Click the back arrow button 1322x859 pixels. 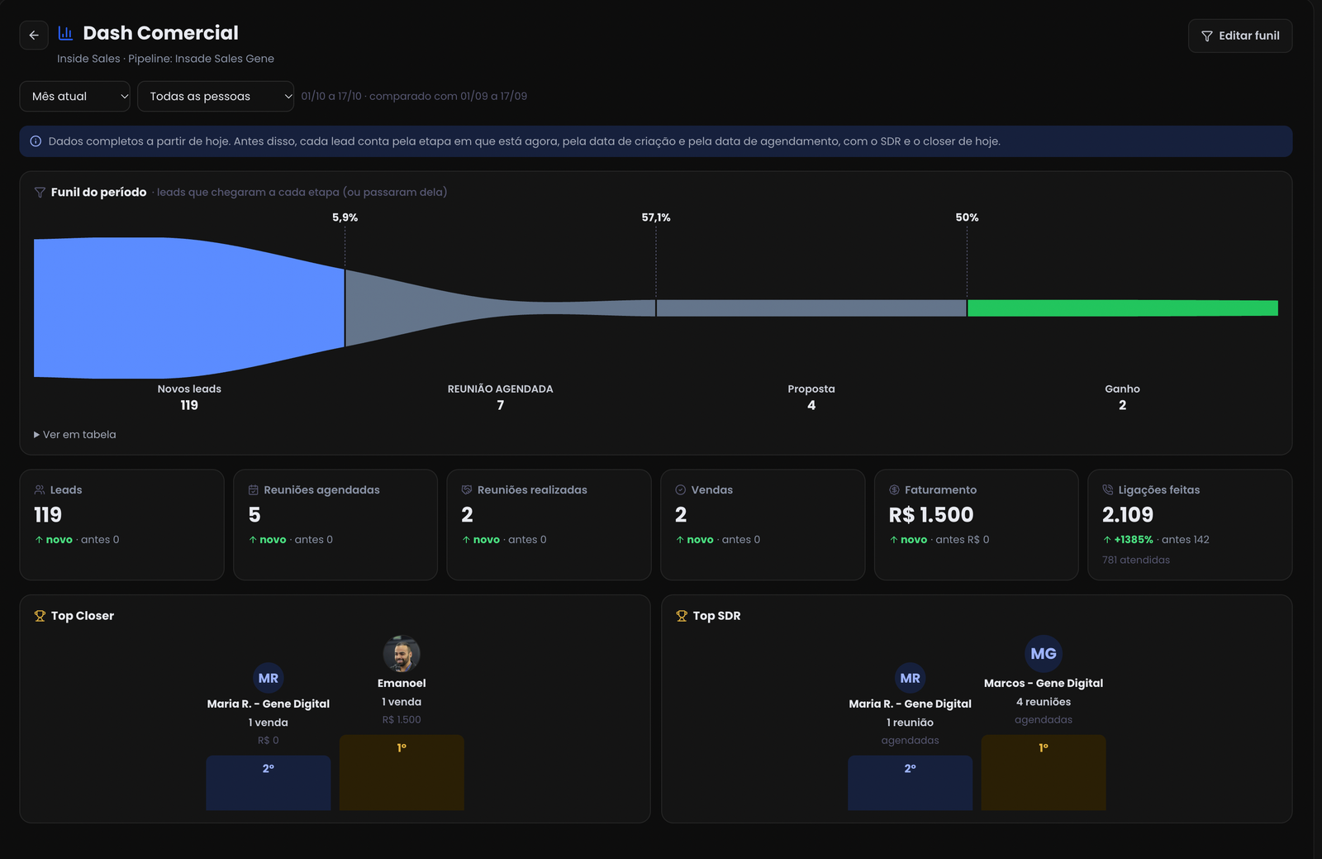pyautogui.click(x=34, y=36)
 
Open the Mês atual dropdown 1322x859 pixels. pyautogui.click(x=75, y=96)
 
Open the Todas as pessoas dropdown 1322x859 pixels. pyautogui.click(x=216, y=96)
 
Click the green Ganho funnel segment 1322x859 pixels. pyautogui.click(x=1123, y=308)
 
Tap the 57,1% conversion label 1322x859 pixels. pyautogui.click(x=656, y=217)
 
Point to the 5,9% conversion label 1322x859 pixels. pyautogui.click(x=345, y=217)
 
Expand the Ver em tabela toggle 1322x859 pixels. pyautogui.click(x=75, y=435)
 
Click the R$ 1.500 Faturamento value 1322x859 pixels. pyautogui.click(x=930, y=515)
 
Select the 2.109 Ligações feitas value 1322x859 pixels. pyautogui.click(x=1127, y=515)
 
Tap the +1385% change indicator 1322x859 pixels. pyautogui.click(x=1128, y=540)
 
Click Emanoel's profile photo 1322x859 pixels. pyautogui.click(x=402, y=653)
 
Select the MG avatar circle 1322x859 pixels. pyautogui.click(x=1043, y=653)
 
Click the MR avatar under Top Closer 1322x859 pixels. pyautogui.click(x=268, y=678)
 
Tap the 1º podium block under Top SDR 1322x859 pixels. pyautogui.click(x=1043, y=772)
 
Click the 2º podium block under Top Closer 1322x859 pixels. pyautogui.click(x=268, y=783)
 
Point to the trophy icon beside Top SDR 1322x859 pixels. pyautogui.click(x=682, y=616)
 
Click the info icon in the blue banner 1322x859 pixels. pyautogui.click(x=36, y=141)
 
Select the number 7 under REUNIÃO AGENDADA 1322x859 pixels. pyautogui.click(x=501, y=405)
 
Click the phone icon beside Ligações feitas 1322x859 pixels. pyautogui.click(x=1108, y=489)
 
